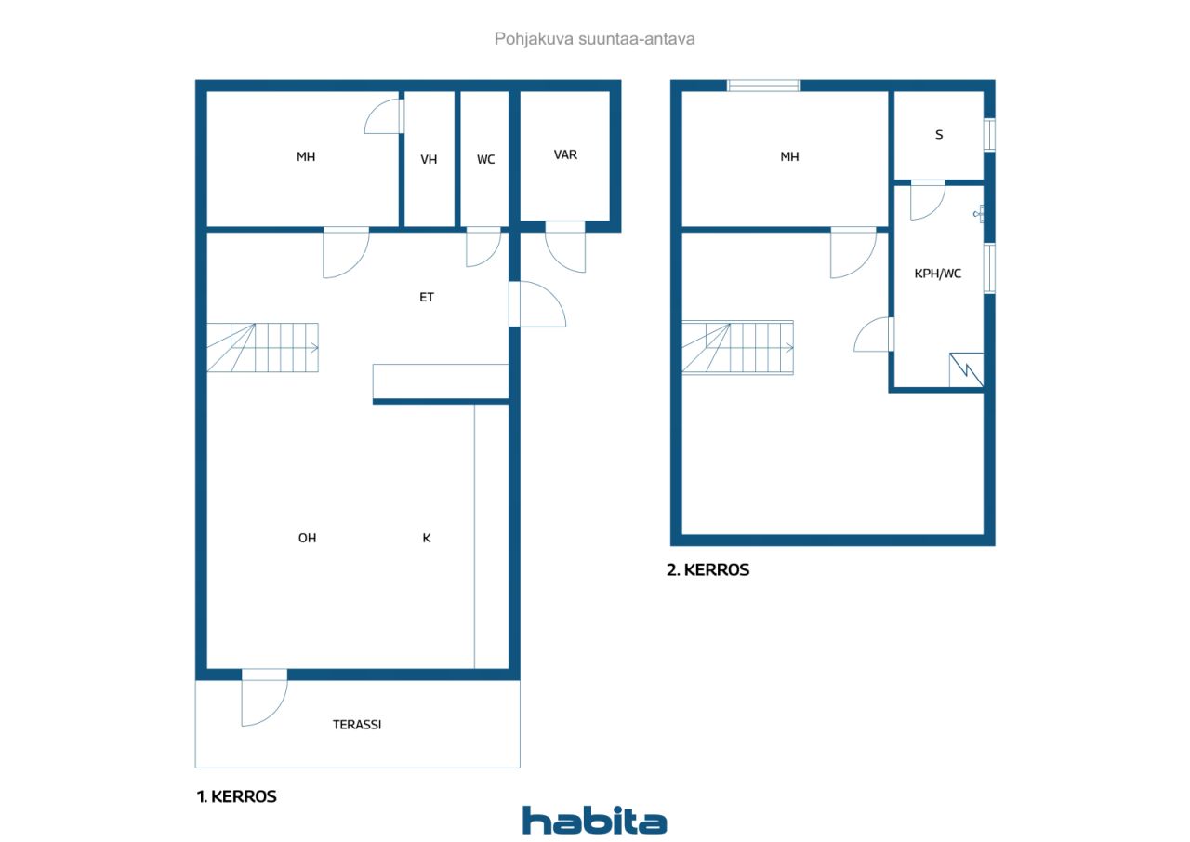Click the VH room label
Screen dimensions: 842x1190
429,159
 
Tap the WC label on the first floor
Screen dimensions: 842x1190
485,159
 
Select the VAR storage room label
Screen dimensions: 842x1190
565,154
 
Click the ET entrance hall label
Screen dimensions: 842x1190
426,298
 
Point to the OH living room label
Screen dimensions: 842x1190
307,538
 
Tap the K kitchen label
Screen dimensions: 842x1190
426,538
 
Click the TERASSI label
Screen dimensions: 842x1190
357,724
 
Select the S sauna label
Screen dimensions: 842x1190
939,135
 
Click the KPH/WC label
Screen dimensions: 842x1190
938,274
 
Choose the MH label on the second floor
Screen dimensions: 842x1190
789,157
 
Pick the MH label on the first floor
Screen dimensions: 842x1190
306,157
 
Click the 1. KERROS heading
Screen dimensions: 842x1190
236,796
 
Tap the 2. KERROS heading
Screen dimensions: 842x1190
707,570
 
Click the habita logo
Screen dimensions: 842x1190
594,821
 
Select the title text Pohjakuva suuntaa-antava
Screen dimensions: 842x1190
594,39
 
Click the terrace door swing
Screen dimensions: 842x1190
263,700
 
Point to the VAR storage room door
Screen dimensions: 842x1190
565,247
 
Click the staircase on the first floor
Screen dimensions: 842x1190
262,347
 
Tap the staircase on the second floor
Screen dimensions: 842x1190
737,347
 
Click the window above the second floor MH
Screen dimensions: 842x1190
763,86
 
